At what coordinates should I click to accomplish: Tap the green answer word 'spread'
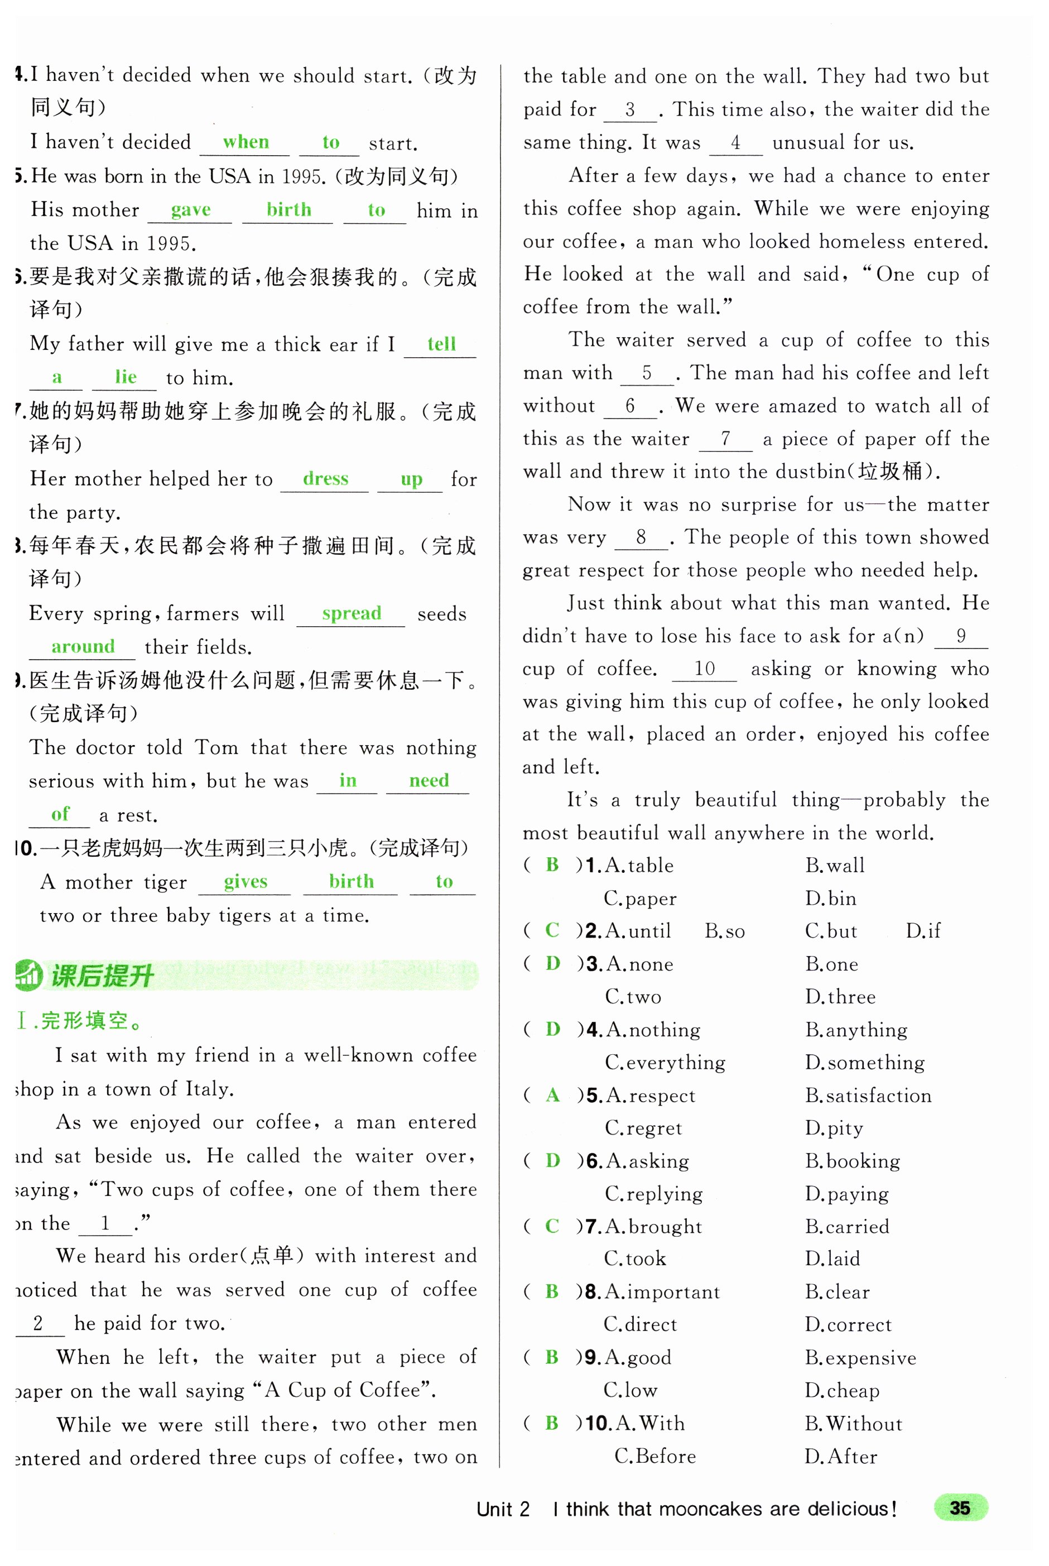(351, 613)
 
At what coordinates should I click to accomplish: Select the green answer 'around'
(83, 646)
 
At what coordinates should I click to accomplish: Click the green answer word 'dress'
(325, 479)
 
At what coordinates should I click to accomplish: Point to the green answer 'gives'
(246, 882)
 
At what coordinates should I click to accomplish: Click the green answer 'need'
(429, 781)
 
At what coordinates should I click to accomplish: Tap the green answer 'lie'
(126, 377)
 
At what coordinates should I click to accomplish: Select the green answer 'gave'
(191, 210)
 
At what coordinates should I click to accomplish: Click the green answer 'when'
(246, 142)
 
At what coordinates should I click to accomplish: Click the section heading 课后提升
(102, 976)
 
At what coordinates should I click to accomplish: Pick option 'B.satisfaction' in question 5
(868, 1096)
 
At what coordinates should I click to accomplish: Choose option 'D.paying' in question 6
(846, 1194)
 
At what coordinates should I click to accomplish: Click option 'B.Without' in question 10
(853, 1424)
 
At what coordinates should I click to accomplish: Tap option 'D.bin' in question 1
(830, 899)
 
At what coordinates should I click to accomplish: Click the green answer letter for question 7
(552, 1226)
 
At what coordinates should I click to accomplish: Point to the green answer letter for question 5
(552, 1095)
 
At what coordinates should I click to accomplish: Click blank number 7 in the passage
(725, 439)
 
